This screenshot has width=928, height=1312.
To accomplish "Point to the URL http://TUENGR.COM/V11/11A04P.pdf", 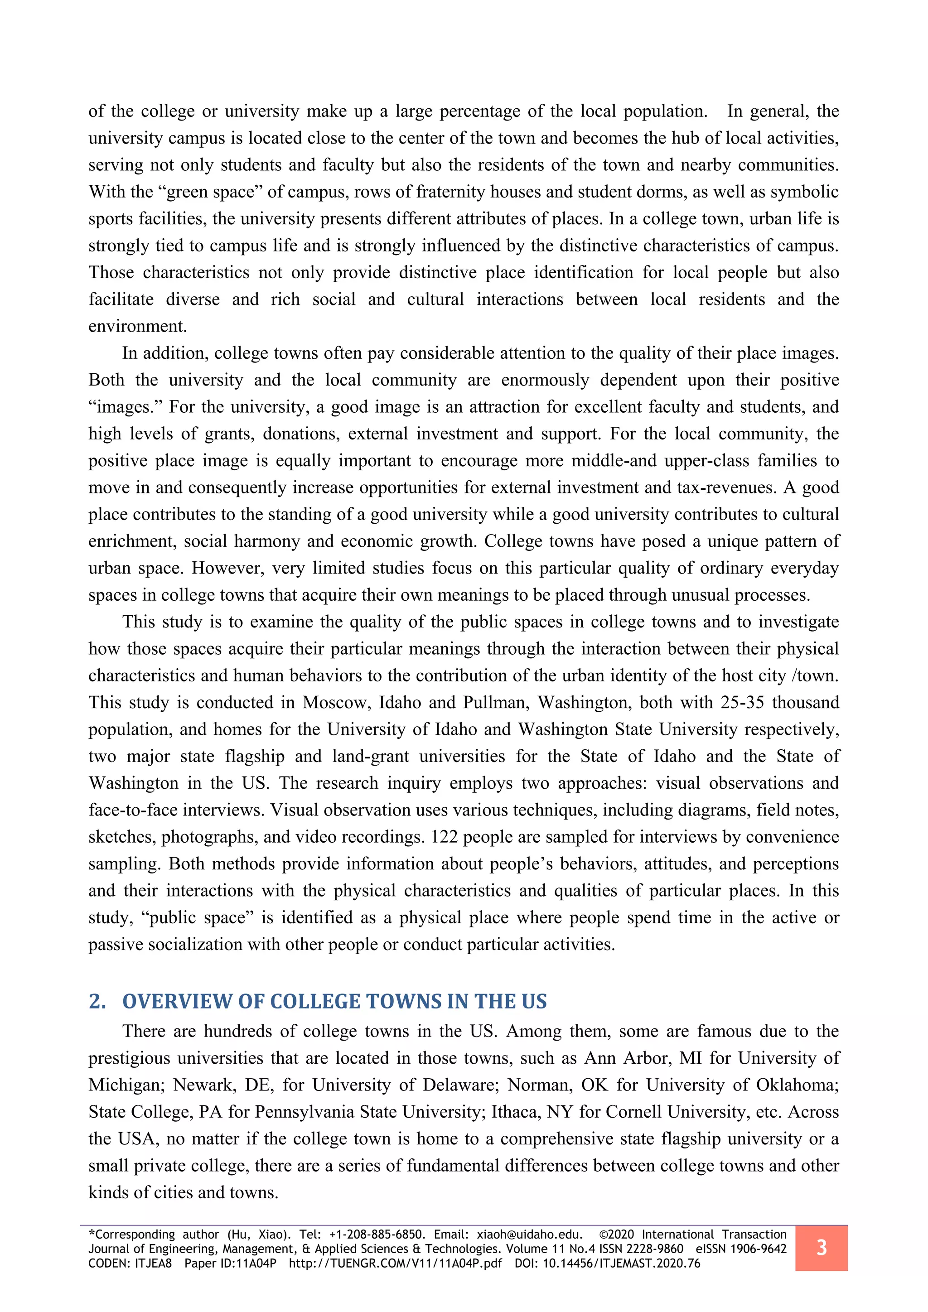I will (x=395, y=1264).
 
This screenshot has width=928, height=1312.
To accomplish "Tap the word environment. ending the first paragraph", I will (x=137, y=326).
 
